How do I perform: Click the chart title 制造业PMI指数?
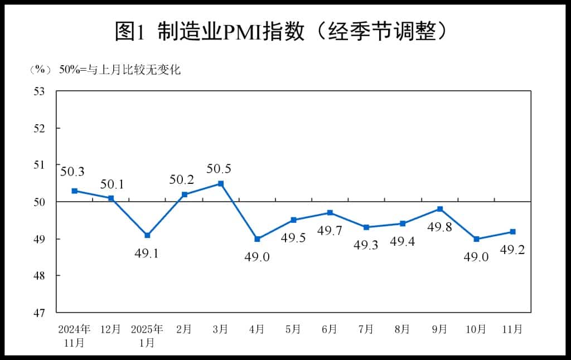pos(282,32)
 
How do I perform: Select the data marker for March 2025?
pos(221,183)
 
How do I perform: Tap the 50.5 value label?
pos(219,168)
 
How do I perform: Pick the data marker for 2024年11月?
pos(74,191)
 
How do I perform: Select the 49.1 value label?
pos(147,254)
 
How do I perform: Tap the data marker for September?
pos(439,209)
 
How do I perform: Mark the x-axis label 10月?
pos(476,329)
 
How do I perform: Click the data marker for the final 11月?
pos(512,231)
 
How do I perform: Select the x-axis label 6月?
pos(330,329)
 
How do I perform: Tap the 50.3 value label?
pos(72,173)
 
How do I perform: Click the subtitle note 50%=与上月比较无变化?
pos(120,70)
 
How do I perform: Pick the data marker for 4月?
pos(257,239)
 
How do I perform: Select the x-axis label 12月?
pos(110,329)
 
